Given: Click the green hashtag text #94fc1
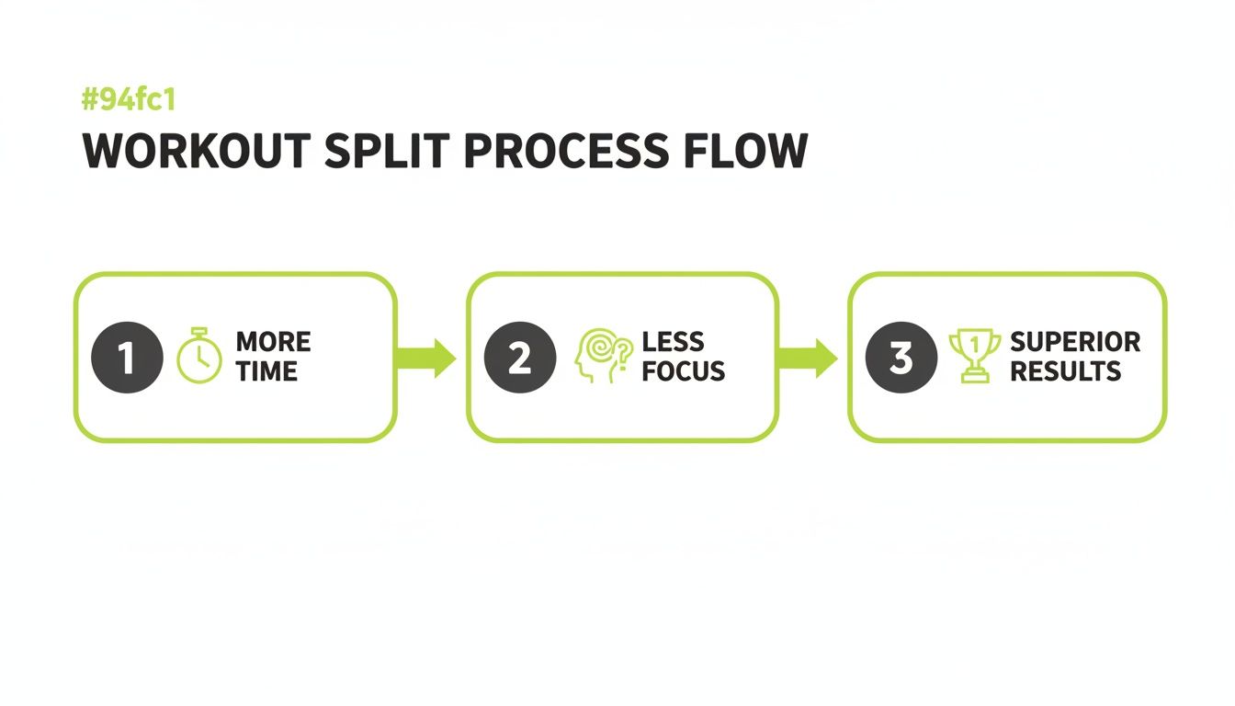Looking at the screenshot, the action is pyautogui.click(x=129, y=100).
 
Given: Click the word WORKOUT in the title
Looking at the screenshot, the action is pyautogui.click(x=197, y=151).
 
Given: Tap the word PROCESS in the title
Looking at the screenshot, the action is pyautogui.click(x=567, y=151).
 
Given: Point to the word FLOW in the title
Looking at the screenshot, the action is pyautogui.click(x=746, y=151).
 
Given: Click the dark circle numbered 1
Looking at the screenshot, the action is pyautogui.click(x=128, y=358).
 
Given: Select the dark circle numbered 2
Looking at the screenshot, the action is pyautogui.click(x=520, y=358).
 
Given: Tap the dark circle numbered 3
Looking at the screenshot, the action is pyautogui.click(x=901, y=358).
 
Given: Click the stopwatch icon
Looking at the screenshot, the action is pyautogui.click(x=199, y=355).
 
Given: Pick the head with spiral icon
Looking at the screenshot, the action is pyautogui.click(x=603, y=355).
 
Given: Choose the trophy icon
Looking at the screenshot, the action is pyautogui.click(x=975, y=355).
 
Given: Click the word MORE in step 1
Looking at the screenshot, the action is pyautogui.click(x=274, y=342).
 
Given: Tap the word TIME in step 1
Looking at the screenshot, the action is pyautogui.click(x=266, y=371).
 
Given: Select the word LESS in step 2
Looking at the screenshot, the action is pyautogui.click(x=674, y=342).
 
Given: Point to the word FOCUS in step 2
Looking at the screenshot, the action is pyautogui.click(x=684, y=371).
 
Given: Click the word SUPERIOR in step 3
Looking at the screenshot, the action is pyautogui.click(x=1076, y=342).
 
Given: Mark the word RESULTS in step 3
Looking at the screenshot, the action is pyautogui.click(x=1066, y=371).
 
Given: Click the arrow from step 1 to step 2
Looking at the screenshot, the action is pyautogui.click(x=426, y=359).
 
